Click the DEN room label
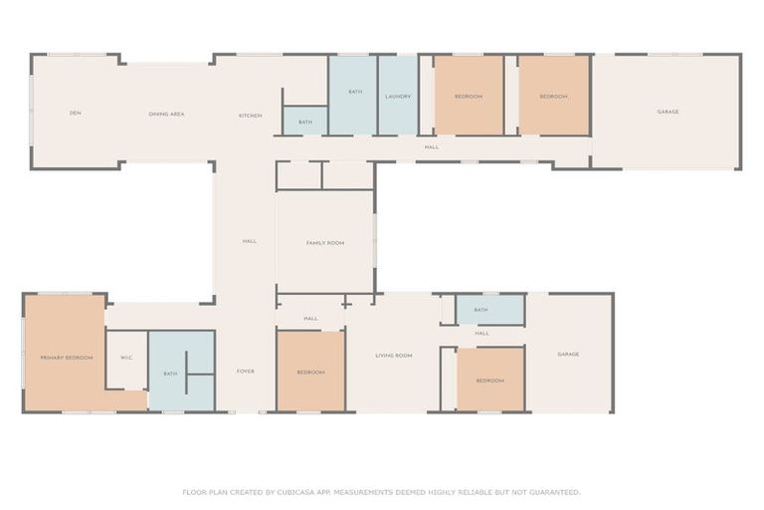pyautogui.click(x=75, y=114)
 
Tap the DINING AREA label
pyautogui.click(x=166, y=115)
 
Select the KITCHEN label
pyautogui.click(x=250, y=116)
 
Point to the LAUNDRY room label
pyautogui.click(x=398, y=96)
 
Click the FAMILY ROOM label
pyautogui.click(x=324, y=243)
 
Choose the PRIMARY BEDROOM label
pyautogui.click(x=66, y=358)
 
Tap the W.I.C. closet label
pyautogui.click(x=126, y=358)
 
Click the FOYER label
pyautogui.click(x=245, y=372)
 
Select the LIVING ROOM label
pyautogui.click(x=393, y=356)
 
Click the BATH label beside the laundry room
pyautogui.click(x=354, y=92)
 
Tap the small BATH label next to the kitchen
pyautogui.click(x=304, y=123)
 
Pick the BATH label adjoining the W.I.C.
pyautogui.click(x=170, y=374)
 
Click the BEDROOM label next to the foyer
pyautogui.click(x=310, y=373)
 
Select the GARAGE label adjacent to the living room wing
pyautogui.click(x=568, y=355)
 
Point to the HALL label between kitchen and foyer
pyautogui.click(x=249, y=241)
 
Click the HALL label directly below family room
pyautogui.click(x=310, y=319)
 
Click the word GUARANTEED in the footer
pyautogui.click(x=553, y=492)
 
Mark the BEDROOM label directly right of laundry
pyautogui.click(x=468, y=97)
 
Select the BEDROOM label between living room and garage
pyautogui.click(x=488, y=381)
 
